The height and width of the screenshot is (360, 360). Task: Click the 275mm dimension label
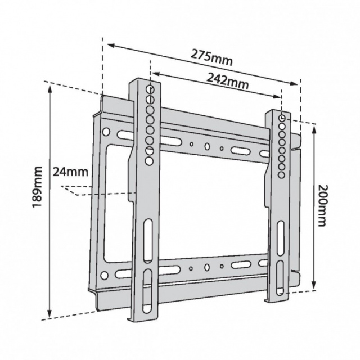[212, 57]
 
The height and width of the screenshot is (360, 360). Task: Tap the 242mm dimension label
[227, 81]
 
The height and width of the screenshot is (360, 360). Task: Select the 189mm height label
[37, 187]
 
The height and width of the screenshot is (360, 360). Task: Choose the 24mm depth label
[70, 172]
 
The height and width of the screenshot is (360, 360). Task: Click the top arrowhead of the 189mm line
[49, 88]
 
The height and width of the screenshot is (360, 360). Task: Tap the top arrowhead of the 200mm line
[314, 129]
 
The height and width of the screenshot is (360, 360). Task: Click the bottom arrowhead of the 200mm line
[314, 284]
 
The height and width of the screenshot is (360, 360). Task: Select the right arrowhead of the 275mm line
[294, 83]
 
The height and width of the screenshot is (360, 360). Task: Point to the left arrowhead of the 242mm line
[156, 74]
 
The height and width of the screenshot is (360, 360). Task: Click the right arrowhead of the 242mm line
[276, 96]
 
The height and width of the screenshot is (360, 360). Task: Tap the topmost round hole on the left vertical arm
[150, 89]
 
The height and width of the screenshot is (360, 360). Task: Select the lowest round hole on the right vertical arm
[281, 175]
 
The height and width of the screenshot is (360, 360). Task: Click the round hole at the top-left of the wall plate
[106, 132]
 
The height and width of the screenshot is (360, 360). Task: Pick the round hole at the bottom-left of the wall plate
[104, 275]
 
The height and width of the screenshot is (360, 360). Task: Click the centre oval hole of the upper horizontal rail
[207, 146]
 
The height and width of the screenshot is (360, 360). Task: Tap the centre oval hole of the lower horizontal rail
[207, 267]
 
